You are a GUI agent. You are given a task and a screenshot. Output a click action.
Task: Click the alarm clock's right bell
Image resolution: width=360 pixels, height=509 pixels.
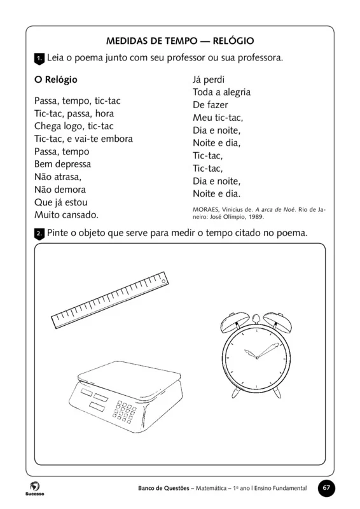(x=281, y=323)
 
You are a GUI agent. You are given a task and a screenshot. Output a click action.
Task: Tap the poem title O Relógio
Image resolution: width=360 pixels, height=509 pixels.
(x=55, y=80)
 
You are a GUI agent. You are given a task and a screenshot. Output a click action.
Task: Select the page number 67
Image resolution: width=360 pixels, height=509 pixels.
(x=326, y=488)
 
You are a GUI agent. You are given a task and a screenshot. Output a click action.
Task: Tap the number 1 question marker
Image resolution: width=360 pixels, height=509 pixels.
(x=39, y=59)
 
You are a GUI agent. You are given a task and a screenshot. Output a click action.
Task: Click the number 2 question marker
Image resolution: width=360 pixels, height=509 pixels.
(x=39, y=234)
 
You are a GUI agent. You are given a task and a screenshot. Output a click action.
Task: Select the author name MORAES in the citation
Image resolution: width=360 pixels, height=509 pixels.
(x=208, y=209)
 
